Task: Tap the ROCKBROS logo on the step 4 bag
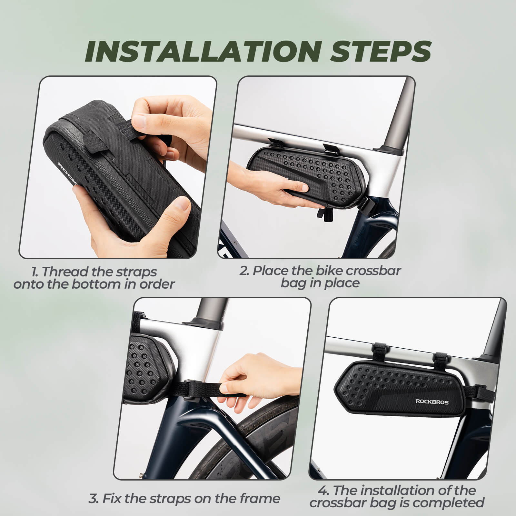tap(432, 402)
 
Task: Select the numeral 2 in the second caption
tap(244, 271)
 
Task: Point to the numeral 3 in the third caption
tap(93, 499)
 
